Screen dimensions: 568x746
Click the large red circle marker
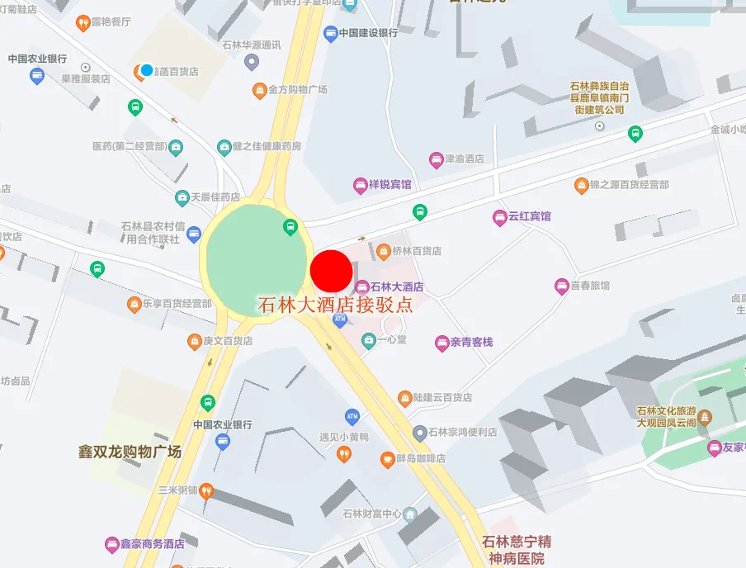[x=331, y=270]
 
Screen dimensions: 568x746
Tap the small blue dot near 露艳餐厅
[x=147, y=70]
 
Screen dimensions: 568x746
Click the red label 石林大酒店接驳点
[x=336, y=304]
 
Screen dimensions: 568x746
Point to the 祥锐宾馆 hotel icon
[x=360, y=185]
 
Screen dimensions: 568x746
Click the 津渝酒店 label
[x=465, y=159]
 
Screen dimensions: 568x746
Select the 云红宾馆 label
[x=529, y=216]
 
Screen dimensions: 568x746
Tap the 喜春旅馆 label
[x=590, y=286]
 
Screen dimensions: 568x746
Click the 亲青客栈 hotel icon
[x=442, y=342]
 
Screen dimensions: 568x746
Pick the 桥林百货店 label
[x=417, y=250]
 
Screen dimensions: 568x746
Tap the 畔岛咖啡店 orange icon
[x=387, y=459]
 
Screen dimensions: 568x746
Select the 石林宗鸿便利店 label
[x=466, y=432]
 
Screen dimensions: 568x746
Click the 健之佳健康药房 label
[x=267, y=147]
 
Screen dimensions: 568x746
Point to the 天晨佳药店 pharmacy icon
[x=182, y=198]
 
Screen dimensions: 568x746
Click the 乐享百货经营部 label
[x=177, y=304]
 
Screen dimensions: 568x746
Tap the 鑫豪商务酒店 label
[x=152, y=544]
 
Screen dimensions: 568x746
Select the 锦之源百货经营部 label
[x=629, y=185]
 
